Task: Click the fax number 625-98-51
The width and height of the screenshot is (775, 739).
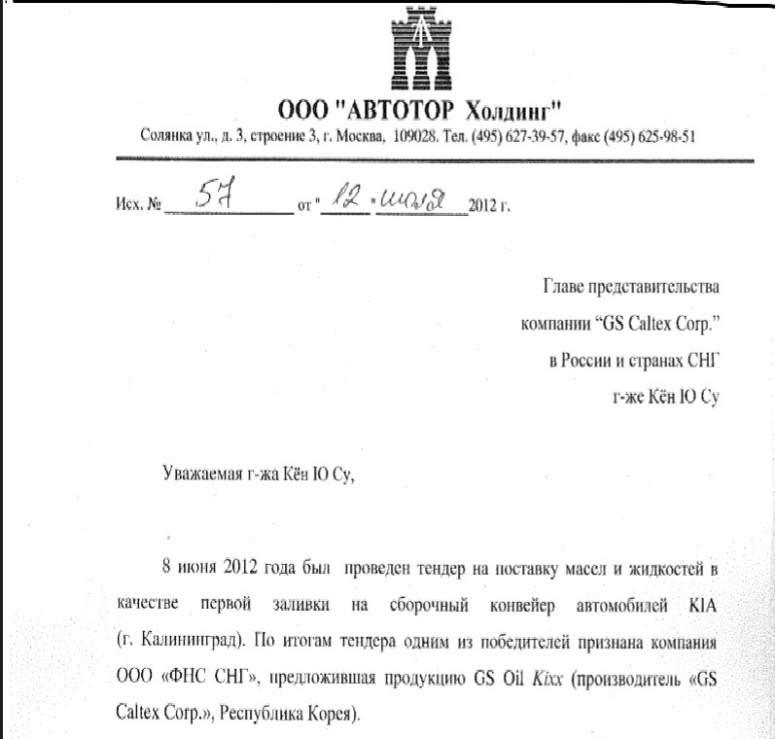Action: (661, 136)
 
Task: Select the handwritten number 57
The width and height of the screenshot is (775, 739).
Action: (219, 196)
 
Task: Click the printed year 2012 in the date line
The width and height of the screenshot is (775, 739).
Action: (483, 206)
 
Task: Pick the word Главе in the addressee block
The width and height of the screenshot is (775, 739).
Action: (564, 289)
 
